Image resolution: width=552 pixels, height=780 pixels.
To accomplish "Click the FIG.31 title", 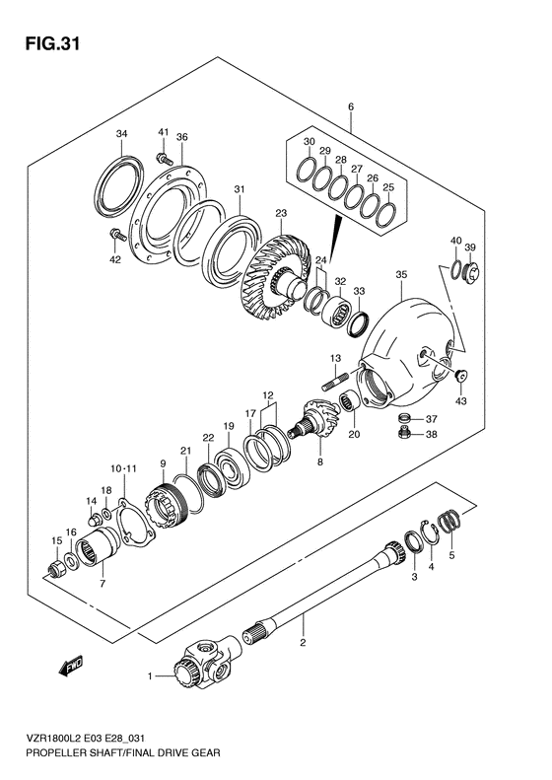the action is [x=51, y=43].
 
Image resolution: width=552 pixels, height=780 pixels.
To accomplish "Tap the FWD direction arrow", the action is [x=71, y=666].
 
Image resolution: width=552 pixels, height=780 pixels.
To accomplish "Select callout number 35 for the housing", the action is [x=401, y=274].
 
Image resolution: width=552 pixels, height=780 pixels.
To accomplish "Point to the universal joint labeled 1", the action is [x=205, y=662].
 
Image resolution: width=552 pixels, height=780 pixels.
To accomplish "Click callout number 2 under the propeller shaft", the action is [x=303, y=643].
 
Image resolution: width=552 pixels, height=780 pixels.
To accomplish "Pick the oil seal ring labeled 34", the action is [x=119, y=186].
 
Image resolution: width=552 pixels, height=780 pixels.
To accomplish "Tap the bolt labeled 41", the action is [x=164, y=159].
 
